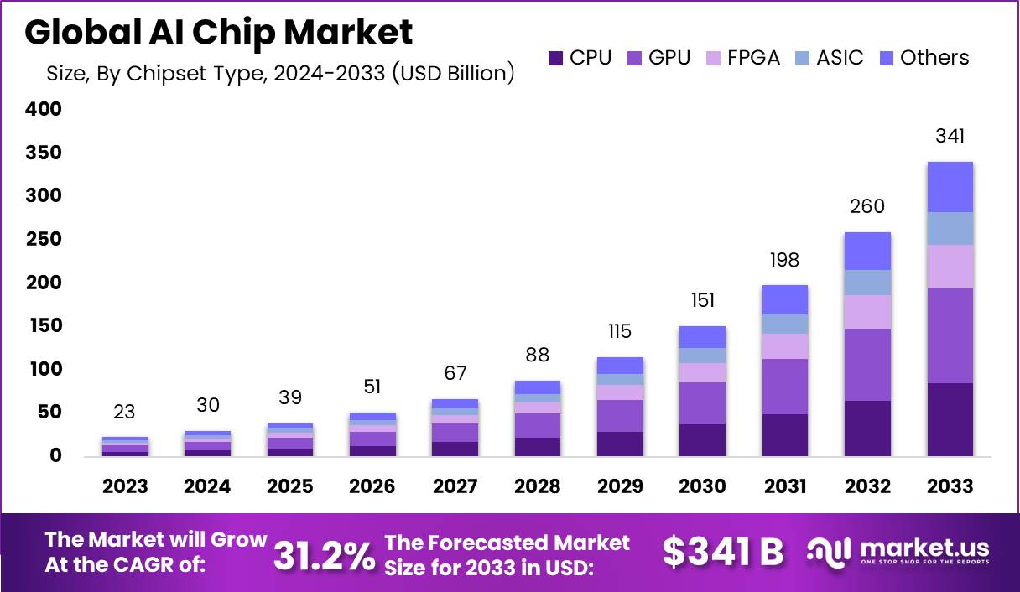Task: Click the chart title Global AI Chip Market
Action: (x=218, y=32)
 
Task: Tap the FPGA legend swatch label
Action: (x=742, y=58)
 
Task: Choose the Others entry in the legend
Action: (x=924, y=58)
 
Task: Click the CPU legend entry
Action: (x=580, y=58)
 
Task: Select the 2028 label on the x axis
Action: (x=538, y=487)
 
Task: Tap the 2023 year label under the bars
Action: (x=125, y=487)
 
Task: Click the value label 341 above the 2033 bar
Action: (x=950, y=136)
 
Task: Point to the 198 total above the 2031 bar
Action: (x=784, y=259)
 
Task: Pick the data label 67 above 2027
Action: (x=455, y=373)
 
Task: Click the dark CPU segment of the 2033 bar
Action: (x=950, y=419)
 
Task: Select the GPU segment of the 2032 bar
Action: (x=867, y=364)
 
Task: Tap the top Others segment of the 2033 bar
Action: (x=950, y=186)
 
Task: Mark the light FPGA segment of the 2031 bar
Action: (x=784, y=345)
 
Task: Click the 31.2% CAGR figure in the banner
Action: (x=325, y=556)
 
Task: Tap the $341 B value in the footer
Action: (x=722, y=552)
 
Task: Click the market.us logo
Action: (x=898, y=552)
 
